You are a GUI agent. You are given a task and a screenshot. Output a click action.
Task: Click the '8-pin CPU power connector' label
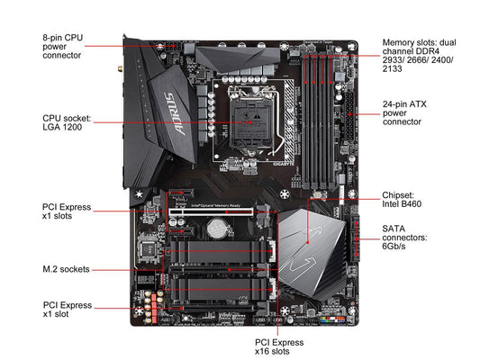(63, 47)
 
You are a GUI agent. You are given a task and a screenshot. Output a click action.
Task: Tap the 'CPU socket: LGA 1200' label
(67, 122)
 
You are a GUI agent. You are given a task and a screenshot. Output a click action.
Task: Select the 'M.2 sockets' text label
(66, 269)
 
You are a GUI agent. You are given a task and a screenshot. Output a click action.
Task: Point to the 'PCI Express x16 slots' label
(279, 346)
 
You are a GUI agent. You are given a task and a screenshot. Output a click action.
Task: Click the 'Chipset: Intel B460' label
(402, 200)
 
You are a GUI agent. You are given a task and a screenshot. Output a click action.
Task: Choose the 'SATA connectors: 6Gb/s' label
(404, 238)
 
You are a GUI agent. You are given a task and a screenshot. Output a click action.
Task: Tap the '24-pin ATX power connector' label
(404, 112)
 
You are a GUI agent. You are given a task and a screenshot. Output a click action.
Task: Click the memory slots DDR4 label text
(419, 56)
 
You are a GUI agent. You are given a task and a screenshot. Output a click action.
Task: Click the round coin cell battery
(217, 228)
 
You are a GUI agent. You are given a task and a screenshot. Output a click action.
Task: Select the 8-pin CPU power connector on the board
(168, 48)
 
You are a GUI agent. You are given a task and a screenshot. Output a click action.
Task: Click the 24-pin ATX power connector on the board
(350, 116)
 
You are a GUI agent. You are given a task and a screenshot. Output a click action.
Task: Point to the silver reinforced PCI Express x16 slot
(211, 211)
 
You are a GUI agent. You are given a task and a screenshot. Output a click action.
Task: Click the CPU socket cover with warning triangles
(251, 123)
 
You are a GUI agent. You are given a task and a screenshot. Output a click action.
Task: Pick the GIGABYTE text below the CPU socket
(284, 164)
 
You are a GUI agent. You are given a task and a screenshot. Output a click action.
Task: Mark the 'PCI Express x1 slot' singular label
(67, 310)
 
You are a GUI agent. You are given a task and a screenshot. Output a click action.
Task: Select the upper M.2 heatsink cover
(219, 251)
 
